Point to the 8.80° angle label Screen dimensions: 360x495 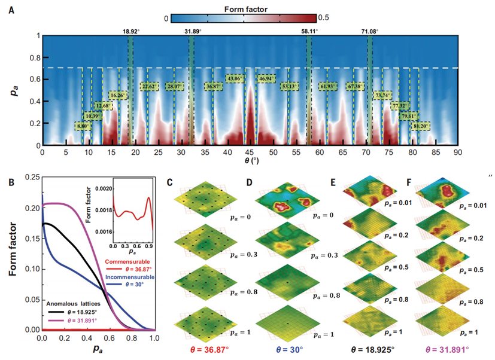84,127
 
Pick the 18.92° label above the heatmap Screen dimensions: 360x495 131,30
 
